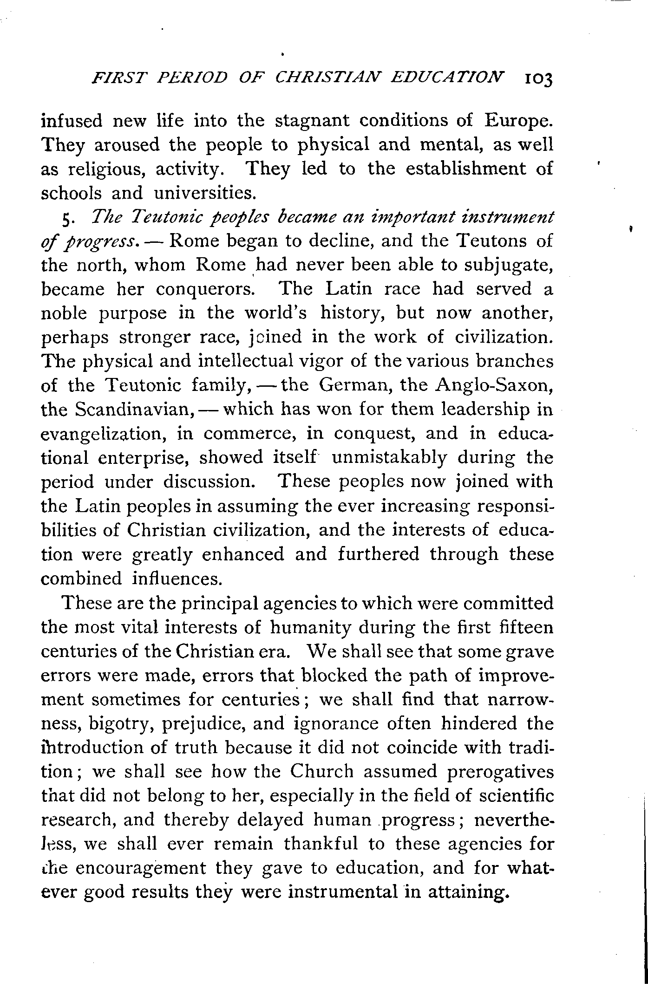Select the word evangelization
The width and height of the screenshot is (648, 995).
tap(103, 434)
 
